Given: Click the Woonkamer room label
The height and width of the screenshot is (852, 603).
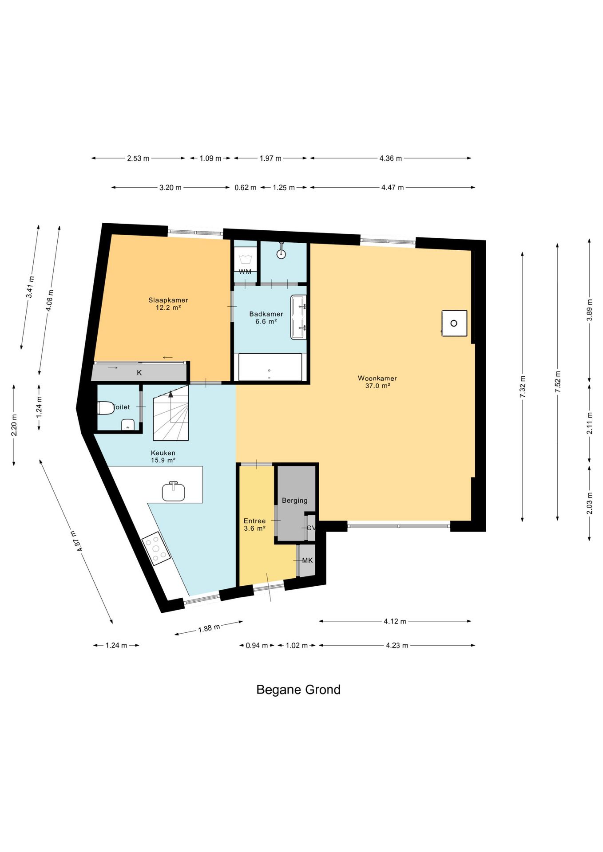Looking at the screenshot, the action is (x=377, y=382).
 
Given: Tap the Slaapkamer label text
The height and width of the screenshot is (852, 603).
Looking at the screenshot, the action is (x=168, y=300).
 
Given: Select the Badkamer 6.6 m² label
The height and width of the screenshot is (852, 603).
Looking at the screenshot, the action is (x=266, y=318).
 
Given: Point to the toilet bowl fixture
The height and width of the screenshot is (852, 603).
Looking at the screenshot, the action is (x=106, y=408).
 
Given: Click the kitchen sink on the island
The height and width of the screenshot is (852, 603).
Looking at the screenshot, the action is (x=173, y=491).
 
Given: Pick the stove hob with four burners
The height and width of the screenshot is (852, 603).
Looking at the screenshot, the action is (x=156, y=548).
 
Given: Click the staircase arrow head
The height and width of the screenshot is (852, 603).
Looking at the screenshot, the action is (x=171, y=394).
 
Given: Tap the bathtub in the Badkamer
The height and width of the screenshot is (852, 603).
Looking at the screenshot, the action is (x=270, y=367).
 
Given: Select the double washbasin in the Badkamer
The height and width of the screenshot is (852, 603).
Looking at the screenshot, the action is (x=298, y=317).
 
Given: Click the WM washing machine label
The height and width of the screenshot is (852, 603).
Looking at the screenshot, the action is (x=245, y=272).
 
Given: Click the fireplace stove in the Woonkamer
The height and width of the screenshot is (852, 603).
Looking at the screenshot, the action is (x=454, y=323).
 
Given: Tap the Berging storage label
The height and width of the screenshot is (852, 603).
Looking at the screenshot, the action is (x=294, y=501).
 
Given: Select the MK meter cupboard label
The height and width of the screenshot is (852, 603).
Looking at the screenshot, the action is (x=307, y=560).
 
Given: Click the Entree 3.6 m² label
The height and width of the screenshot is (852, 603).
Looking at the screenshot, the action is (x=254, y=525).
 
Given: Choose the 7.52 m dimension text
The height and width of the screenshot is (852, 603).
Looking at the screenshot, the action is (x=558, y=382).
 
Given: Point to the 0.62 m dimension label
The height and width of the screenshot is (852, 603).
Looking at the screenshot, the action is (x=246, y=188).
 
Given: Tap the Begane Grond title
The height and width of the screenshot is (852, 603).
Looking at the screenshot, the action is (x=298, y=690).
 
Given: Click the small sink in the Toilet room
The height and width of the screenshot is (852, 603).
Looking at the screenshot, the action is (x=128, y=425).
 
